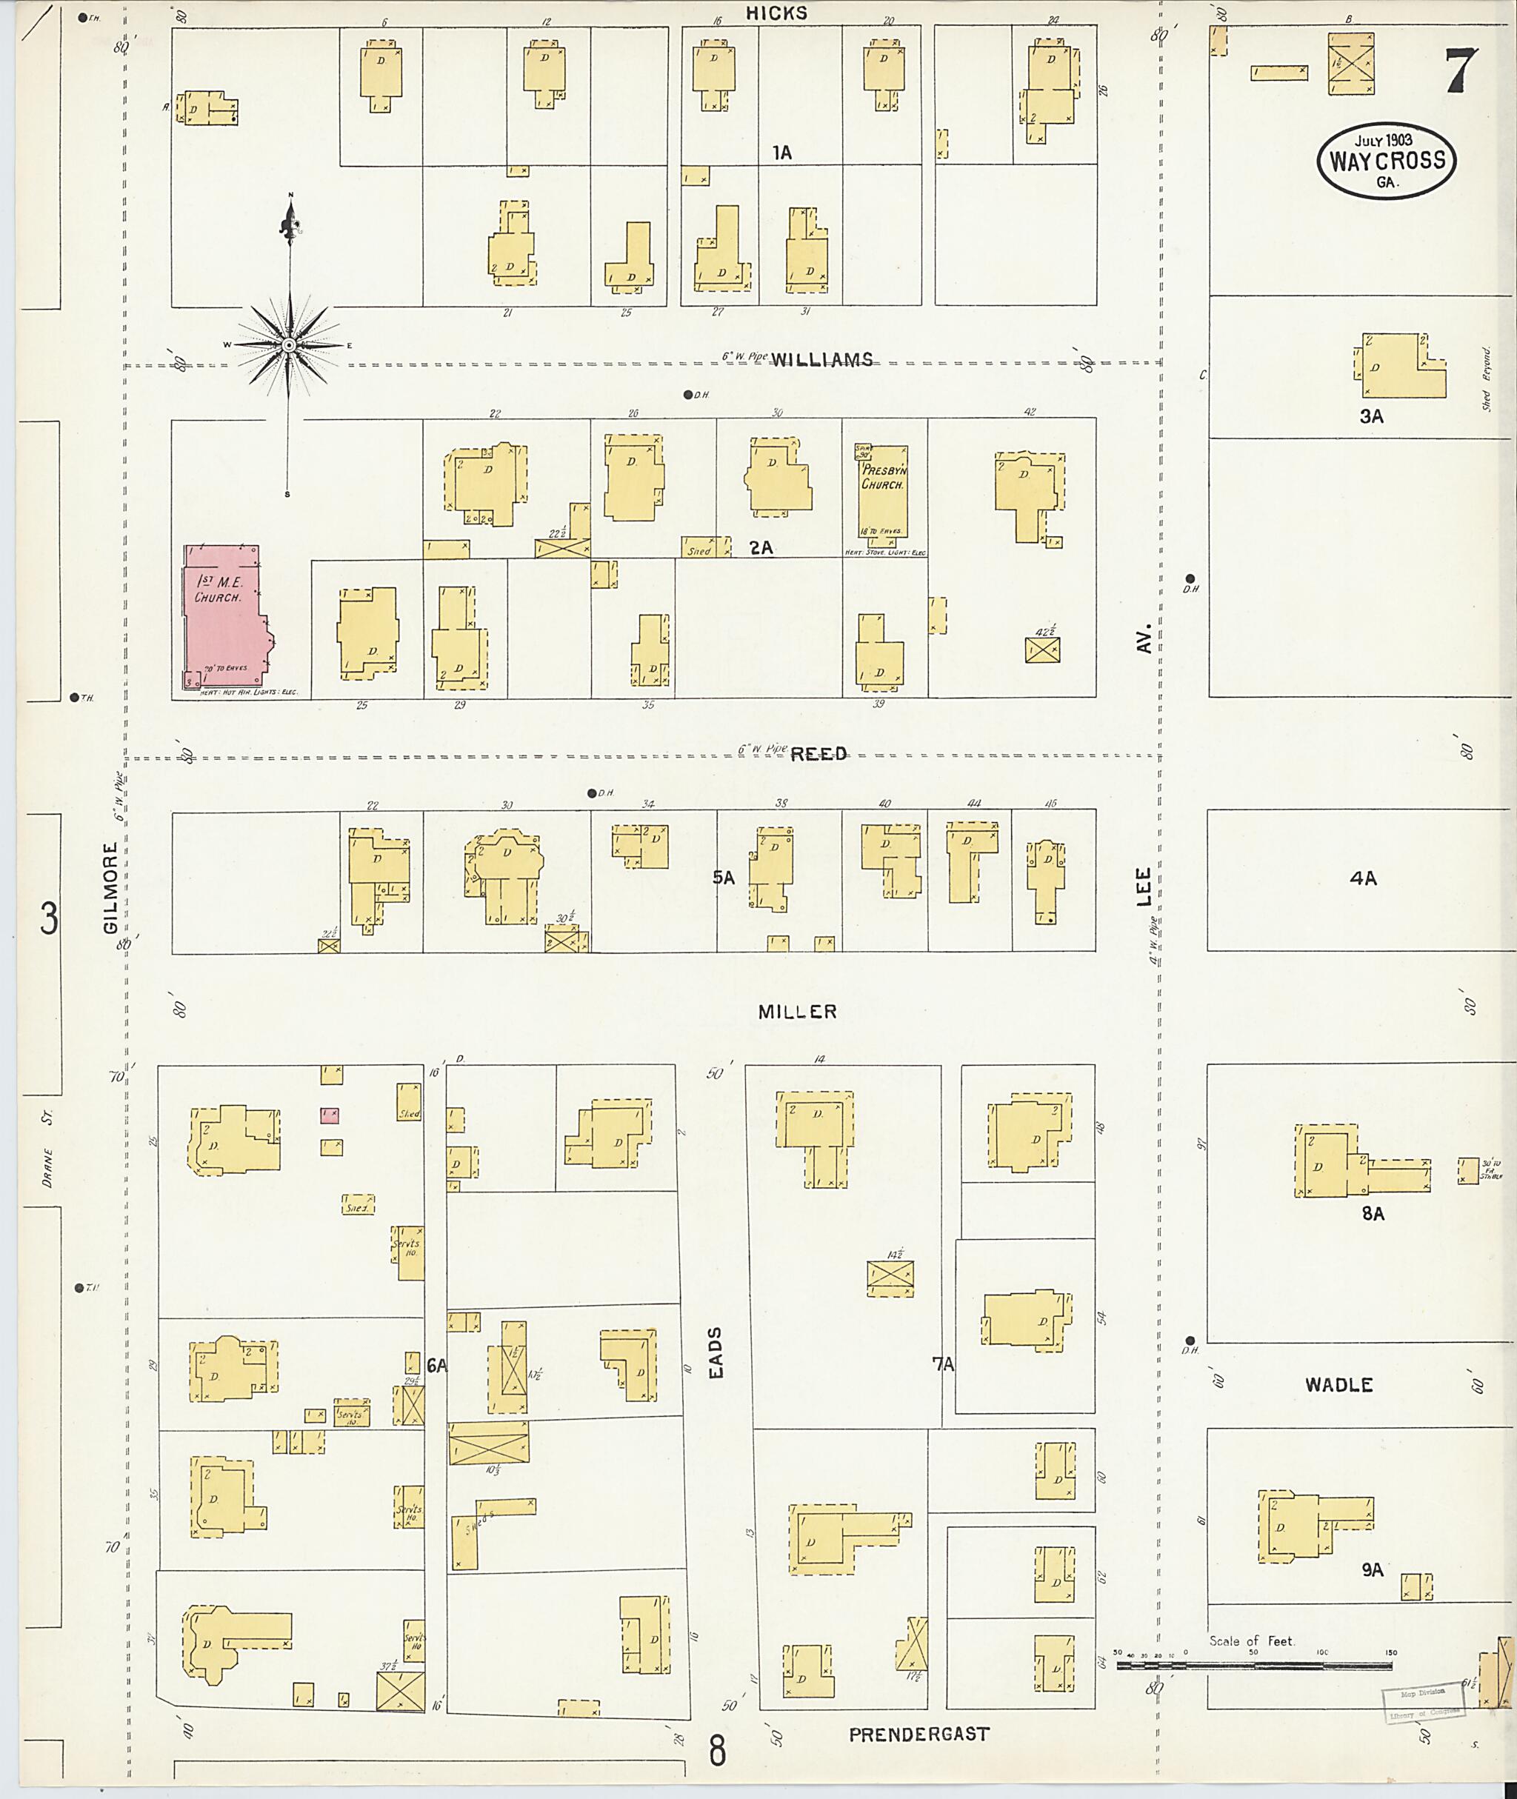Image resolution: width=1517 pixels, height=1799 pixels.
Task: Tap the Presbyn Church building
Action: click(883, 491)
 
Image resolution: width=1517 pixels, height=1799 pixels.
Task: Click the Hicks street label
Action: click(776, 13)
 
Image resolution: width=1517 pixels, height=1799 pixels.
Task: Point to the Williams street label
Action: click(821, 359)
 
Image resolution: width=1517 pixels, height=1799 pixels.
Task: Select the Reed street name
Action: click(818, 753)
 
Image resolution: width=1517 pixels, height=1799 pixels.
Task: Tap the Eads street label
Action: click(716, 1351)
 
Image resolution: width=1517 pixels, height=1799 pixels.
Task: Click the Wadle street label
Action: click(1338, 1384)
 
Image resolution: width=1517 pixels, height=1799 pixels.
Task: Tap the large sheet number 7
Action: click(1459, 70)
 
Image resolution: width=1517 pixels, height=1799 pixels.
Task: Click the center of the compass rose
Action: click(290, 345)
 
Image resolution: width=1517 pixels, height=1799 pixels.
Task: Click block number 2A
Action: click(760, 547)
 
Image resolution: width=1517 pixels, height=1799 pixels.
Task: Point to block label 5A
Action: click(723, 878)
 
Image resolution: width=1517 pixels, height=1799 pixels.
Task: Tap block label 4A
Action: click(1363, 878)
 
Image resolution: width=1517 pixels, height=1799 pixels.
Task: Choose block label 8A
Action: click(1373, 1213)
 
